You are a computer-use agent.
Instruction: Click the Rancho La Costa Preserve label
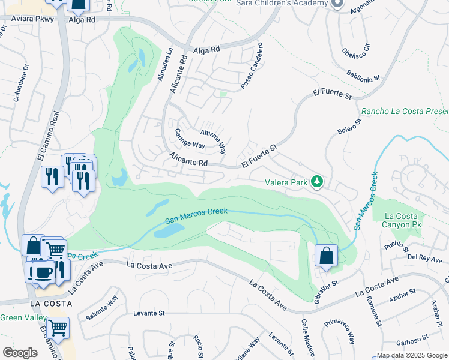point(405,112)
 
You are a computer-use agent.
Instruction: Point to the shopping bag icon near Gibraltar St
point(325,256)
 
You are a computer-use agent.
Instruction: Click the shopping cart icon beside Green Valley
point(58,328)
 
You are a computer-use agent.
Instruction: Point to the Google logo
point(20,353)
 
